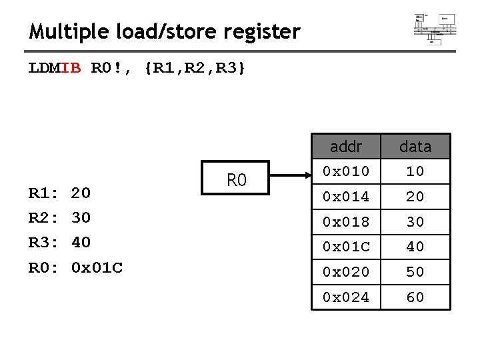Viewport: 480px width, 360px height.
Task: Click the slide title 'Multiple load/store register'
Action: tap(165, 31)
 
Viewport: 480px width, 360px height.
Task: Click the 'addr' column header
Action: tap(346, 146)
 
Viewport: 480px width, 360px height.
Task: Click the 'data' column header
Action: tap(415, 146)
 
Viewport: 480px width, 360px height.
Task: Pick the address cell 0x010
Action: tap(346, 171)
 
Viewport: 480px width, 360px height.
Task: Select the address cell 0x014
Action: tap(346, 197)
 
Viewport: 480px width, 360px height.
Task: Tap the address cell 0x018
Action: tap(346, 221)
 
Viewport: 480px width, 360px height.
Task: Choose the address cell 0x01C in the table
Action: tap(346, 247)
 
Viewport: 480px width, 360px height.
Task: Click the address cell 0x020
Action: tap(346, 272)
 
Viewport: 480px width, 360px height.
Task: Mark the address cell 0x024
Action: tap(346, 297)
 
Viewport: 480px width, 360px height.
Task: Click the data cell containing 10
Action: tap(415, 171)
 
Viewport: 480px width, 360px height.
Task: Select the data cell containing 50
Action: tap(415, 272)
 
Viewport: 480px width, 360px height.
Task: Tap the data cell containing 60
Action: tap(415, 297)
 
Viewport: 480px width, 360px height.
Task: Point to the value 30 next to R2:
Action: tap(81, 218)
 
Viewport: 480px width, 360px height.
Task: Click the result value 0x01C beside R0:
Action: tap(97, 268)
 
